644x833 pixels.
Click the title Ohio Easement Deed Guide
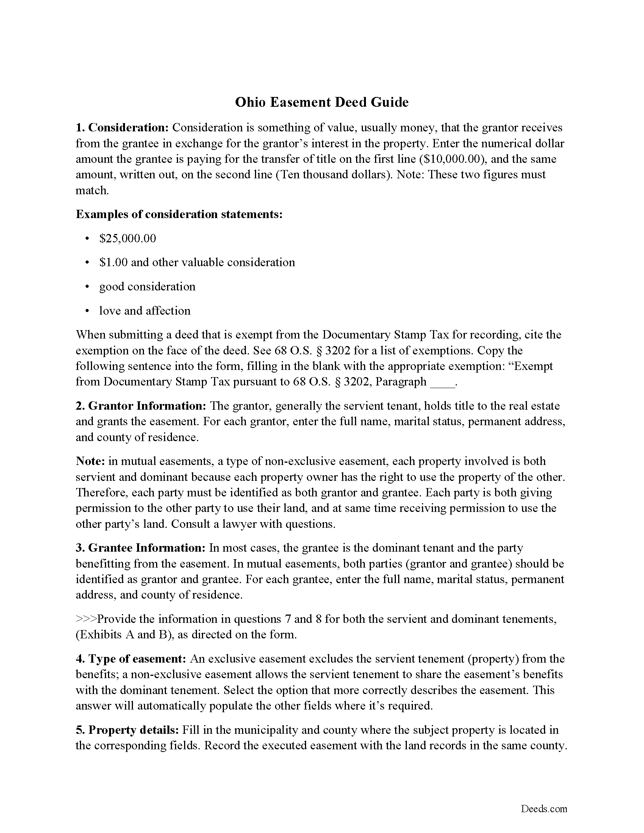(x=322, y=102)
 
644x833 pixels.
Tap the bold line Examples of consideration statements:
(x=179, y=214)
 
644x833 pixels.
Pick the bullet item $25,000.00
(x=127, y=239)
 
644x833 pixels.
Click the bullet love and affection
(x=145, y=311)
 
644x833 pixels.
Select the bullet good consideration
(x=147, y=287)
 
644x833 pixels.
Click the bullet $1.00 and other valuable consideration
(x=197, y=262)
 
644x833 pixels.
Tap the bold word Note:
(x=91, y=461)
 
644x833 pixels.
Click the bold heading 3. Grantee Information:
(x=141, y=548)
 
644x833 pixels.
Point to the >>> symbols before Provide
(x=86, y=619)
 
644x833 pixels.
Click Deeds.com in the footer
(x=544, y=809)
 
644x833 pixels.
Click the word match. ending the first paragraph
(x=92, y=190)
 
